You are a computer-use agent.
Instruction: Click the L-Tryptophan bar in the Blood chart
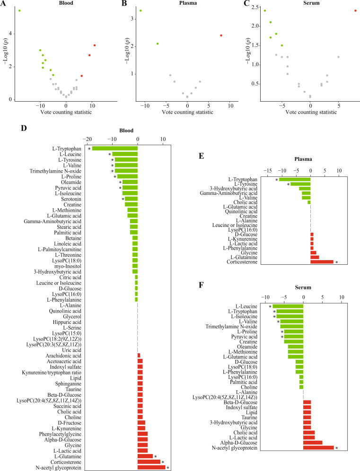click(x=115, y=148)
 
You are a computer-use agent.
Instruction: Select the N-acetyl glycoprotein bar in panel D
click(x=151, y=467)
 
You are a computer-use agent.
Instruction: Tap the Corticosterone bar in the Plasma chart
click(x=322, y=262)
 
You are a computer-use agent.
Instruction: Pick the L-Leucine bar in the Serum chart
click(x=288, y=306)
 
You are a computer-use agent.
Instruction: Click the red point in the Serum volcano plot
click(x=355, y=10)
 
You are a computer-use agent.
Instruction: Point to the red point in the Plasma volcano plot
click(x=221, y=35)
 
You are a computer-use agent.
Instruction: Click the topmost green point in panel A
click(x=19, y=10)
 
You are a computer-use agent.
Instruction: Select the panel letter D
click(x=24, y=128)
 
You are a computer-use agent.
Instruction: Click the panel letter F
click(x=201, y=285)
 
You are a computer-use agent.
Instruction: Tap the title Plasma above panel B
click(x=188, y=3)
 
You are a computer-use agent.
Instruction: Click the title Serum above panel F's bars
click(x=303, y=288)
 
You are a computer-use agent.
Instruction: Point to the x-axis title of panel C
click(x=311, y=112)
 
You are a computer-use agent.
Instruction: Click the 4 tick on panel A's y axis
click(x=10, y=34)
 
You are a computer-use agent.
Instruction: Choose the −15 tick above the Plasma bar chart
click(x=268, y=171)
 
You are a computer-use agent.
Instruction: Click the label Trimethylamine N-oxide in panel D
click(x=55, y=171)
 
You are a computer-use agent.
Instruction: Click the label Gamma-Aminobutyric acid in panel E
click(x=228, y=193)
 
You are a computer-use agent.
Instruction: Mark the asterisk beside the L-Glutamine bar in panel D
click(x=155, y=457)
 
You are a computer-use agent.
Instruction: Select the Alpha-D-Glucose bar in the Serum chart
click(x=313, y=443)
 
